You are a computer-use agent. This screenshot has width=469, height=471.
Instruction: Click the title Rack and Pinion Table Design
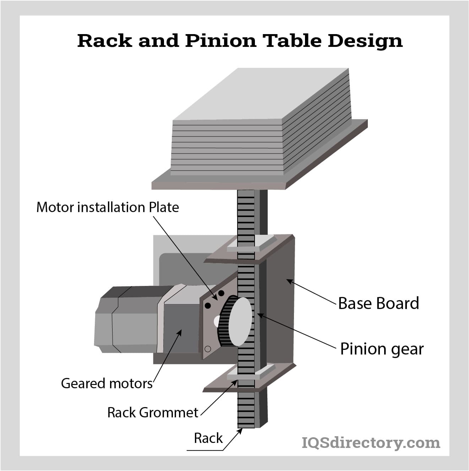[x=240, y=40]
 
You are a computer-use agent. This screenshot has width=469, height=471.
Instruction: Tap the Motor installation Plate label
[x=108, y=207]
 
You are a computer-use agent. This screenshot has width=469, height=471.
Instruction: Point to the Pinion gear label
[x=382, y=350]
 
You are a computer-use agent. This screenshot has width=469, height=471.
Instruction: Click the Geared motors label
[x=107, y=383]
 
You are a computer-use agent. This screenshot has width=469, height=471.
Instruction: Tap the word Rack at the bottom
[x=208, y=438]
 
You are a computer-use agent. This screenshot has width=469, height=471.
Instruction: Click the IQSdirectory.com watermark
[x=371, y=443]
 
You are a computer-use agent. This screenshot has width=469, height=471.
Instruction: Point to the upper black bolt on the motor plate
[x=221, y=293]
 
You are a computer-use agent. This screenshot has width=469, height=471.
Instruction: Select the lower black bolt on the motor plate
[x=208, y=305]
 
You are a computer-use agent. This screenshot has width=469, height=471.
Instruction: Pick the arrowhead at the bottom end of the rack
[x=240, y=431]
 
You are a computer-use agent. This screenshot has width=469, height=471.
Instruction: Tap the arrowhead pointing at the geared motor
[x=180, y=333]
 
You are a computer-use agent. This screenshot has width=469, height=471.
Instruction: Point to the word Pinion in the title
[x=221, y=40]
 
